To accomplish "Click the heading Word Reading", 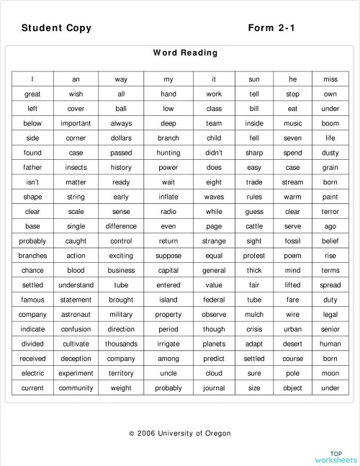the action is (x=185, y=53).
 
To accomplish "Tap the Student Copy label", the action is (x=56, y=28).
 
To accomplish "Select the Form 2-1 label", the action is (x=271, y=28).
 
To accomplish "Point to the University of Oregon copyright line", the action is (x=180, y=433).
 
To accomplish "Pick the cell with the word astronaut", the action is (x=76, y=315).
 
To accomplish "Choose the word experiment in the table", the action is (x=76, y=373).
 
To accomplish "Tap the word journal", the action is (x=214, y=388).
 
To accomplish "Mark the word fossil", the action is (x=292, y=241).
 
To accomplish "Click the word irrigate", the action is (x=168, y=344).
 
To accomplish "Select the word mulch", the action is (x=254, y=315).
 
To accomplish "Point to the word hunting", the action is (x=168, y=153).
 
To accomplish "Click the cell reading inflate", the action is (x=168, y=197).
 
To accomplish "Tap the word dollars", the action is (x=121, y=138).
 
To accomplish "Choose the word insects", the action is (x=76, y=167).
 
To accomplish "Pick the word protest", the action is (x=254, y=256).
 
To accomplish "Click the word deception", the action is (x=76, y=359).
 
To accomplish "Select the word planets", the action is (x=214, y=344).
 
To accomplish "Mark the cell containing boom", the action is (x=330, y=123).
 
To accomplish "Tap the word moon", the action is (x=330, y=373).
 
